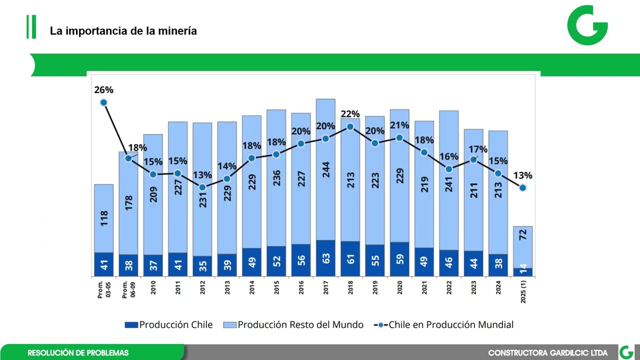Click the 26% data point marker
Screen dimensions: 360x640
point(103,102)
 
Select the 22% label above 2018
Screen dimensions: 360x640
point(350,114)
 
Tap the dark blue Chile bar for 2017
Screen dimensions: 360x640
point(325,258)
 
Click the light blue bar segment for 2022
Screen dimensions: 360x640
point(448,180)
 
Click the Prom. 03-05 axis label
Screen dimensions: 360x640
point(103,290)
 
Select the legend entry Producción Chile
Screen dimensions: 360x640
point(169,324)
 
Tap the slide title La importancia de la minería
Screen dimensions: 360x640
point(123,31)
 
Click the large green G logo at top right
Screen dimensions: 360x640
point(587,25)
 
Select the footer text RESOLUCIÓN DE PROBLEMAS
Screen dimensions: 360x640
point(78,353)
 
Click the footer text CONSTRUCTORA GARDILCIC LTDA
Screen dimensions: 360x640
point(547,353)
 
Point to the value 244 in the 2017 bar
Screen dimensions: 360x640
point(325,172)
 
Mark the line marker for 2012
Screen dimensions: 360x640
point(202,187)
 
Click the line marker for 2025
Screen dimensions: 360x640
point(522,188)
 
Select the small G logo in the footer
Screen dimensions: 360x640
point(626,352)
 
